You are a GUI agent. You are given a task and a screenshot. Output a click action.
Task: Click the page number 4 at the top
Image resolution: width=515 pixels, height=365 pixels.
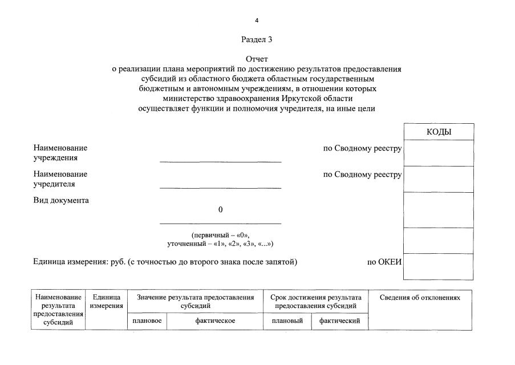pyautogui.click(x=257, y=21)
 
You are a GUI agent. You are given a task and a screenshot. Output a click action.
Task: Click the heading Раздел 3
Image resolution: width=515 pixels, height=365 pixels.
pyautogui.click(x=257, y=39)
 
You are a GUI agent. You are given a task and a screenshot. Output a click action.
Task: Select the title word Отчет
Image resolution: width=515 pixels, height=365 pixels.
pyautogui.click(x=257, y=59)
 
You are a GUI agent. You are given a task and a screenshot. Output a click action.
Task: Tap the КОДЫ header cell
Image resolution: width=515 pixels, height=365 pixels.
pyautogui.click(x=439, y=132)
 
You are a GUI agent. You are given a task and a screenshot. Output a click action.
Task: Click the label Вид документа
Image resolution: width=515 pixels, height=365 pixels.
pyautogui.click(x=61, y=200)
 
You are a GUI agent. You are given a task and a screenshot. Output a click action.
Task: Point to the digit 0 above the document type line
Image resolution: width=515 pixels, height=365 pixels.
pyautogui.click(x=220, y=210)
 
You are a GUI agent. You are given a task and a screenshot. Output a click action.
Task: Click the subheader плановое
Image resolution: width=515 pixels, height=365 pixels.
pyautogui.click(x=147, y=321)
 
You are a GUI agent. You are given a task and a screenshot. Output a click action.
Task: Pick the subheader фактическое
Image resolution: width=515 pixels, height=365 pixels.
pyautogui.click(x=215, y=321)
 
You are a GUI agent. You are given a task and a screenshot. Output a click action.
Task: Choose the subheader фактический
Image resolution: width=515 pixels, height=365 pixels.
pyautogui.click(x=339, y=321)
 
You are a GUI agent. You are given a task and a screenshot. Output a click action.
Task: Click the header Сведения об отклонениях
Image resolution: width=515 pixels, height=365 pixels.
pyautogui.click(x=420, y=298)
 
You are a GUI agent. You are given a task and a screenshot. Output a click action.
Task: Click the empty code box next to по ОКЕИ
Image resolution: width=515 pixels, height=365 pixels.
pyautogui.click(x=439, y=266)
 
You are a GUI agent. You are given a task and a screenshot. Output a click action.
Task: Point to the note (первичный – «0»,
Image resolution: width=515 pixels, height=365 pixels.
pyautogui.click(x=220, y=235)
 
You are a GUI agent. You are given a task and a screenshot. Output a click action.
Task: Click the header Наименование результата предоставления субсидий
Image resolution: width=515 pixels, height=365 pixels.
pyautogui.click(x=58, y=310)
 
